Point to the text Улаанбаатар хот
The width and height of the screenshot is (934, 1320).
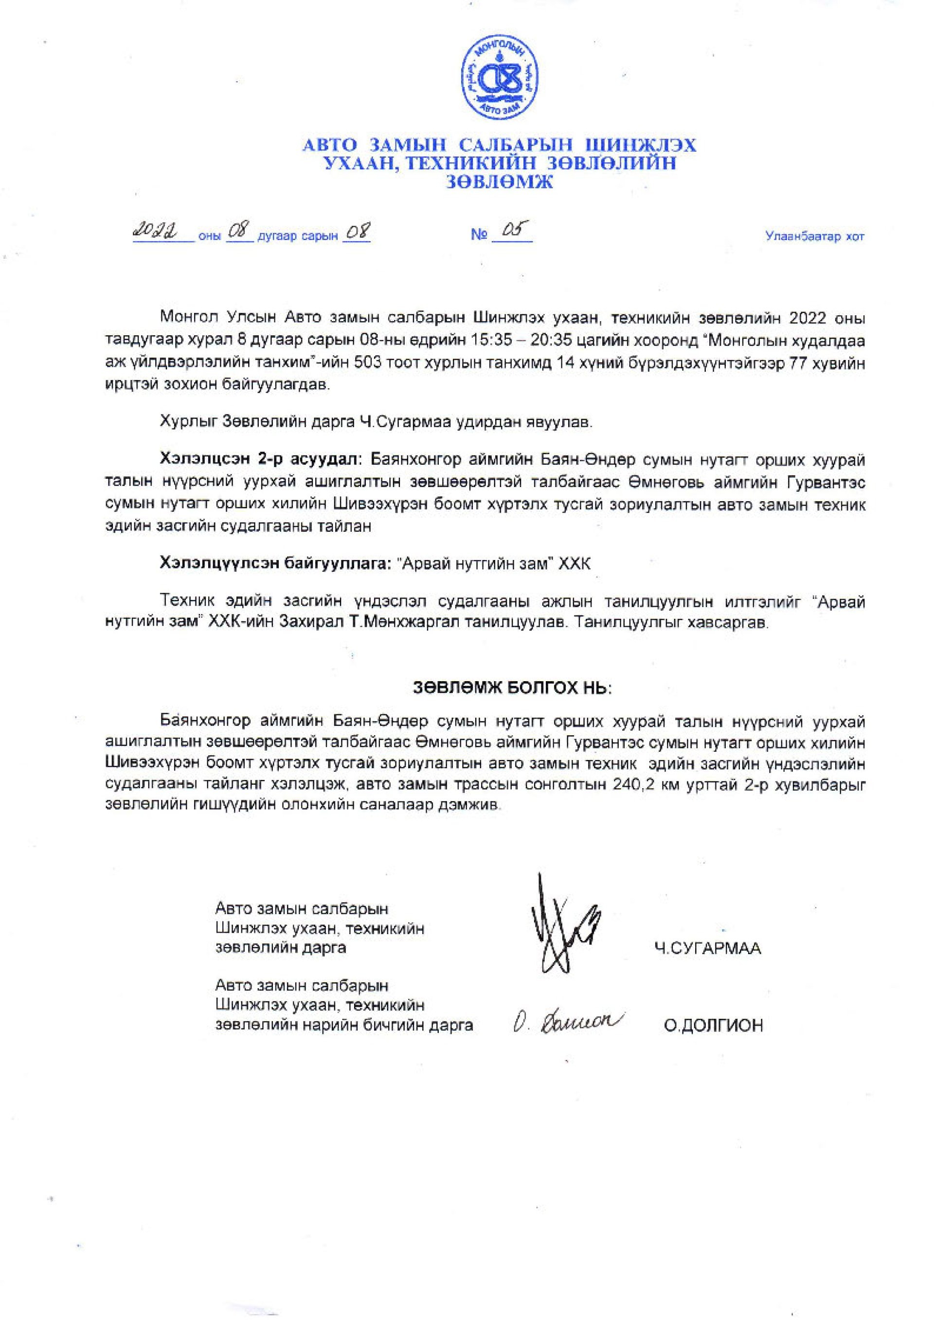pos(814,236)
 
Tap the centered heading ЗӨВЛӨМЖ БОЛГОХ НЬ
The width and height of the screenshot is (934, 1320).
pos(511,688)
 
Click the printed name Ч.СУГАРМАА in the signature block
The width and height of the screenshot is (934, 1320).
pos(707,949)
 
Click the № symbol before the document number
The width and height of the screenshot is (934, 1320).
pos(479,235)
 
